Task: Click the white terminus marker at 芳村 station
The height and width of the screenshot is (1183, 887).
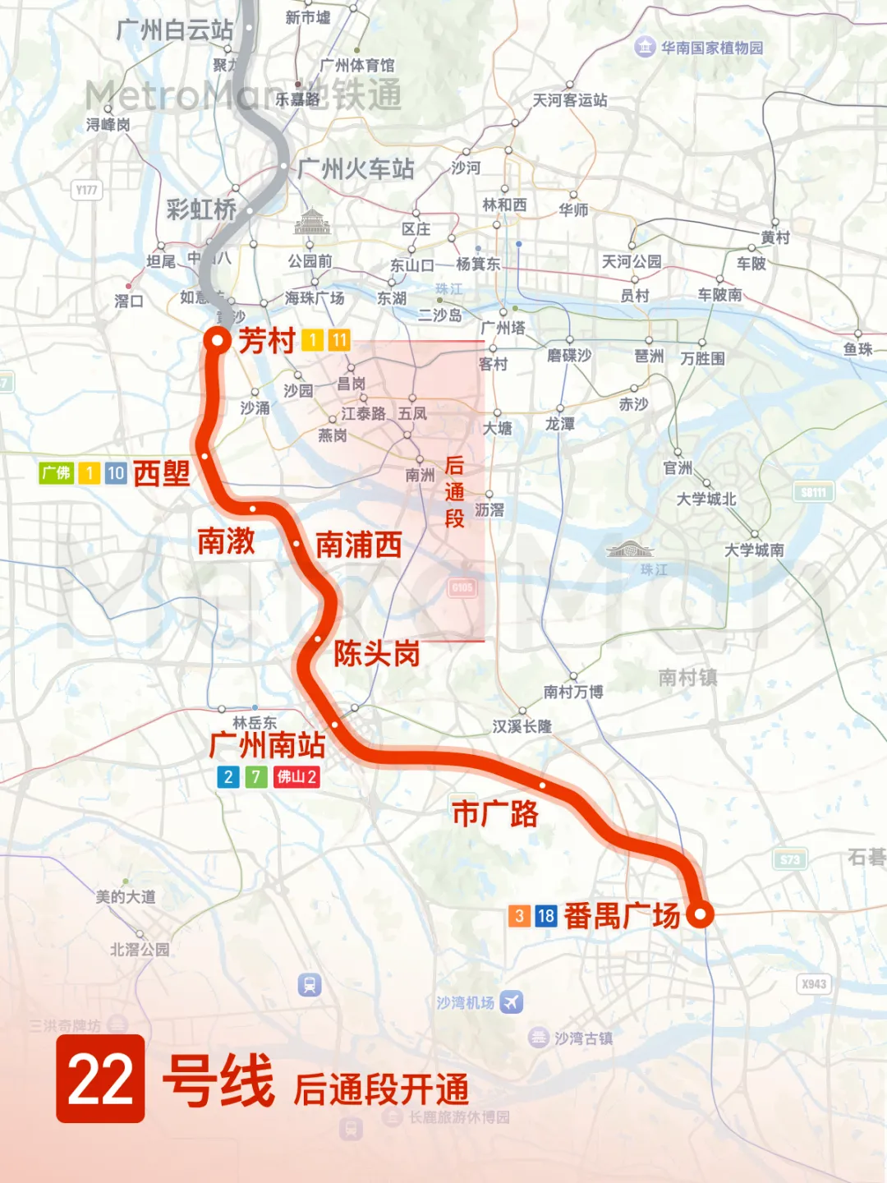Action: pyautogui.click(x=218, y=340)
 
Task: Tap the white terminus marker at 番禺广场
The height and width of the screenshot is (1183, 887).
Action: pyautogui.click(x=700, y=914)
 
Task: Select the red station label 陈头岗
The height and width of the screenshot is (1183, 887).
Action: pyautogui.click(x=376, y=654)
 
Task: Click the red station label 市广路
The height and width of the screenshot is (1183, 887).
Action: pyautogui.click(x=495, y=813)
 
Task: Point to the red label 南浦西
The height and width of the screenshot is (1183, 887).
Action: pyautogui.click(x=359, y=545)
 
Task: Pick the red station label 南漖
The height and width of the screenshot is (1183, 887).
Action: pyautogui.click(x=226, y=541)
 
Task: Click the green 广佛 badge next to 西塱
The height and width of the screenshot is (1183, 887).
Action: pyautogui.click(x=57, y=473)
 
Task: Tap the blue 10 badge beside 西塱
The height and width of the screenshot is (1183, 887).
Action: pyautogui.click(x=116, y=473)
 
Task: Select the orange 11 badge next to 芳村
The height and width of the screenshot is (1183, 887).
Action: pyautogui.click(x=339, y=340)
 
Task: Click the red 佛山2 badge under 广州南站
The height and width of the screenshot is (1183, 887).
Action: pyautogui.click(x=296, y=776)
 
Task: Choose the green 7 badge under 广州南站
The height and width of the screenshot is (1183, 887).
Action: pyautogui.click(x=256, y=776)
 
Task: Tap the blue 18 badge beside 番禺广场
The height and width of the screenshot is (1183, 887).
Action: pyautogui.click(x=546, y=916)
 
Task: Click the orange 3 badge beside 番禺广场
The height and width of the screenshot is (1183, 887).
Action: pyautogui.click(x=519, y=916)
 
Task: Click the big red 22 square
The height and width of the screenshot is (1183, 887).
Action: pyautogui.click(x=100, y=1079)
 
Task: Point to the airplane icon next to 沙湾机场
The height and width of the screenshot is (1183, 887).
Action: pyautogui.click(x=512, y=1002)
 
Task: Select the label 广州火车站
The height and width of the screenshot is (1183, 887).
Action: pyautogui.click(x=356, y=169)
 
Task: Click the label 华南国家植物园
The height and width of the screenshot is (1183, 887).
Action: pyautogui.click(x=712, y=48)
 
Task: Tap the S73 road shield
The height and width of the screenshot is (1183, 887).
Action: pyautogui.click(x=790, y=859)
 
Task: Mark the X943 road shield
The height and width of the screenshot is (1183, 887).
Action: pyautogui.click(x=814, y=984)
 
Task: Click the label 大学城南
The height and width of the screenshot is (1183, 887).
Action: pyautogui.click(x=754, y=550)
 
